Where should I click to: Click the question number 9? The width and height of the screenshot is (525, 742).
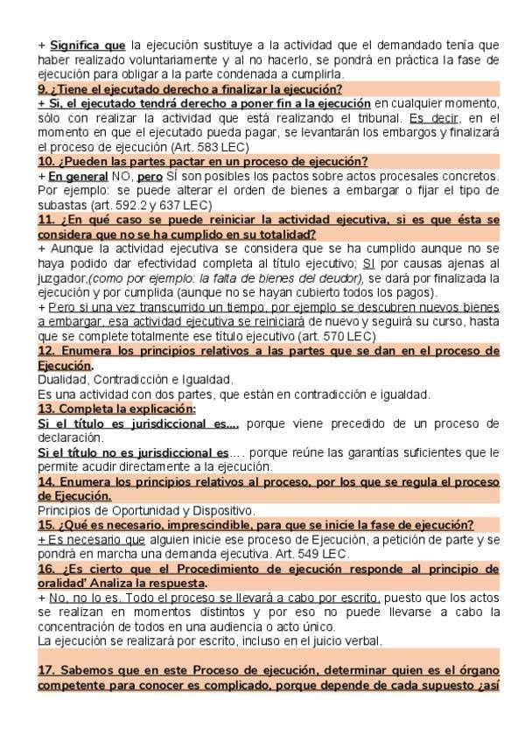(x=42, y=89)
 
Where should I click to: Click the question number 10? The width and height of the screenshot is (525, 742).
(x=45, y=161)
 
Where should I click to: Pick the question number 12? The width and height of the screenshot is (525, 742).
(x=45, y=350)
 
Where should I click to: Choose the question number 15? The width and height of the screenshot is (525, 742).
(x=45, y=524)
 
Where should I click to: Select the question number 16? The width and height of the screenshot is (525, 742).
(x=45, y=568)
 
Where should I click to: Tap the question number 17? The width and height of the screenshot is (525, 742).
(x=45, y=669)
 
